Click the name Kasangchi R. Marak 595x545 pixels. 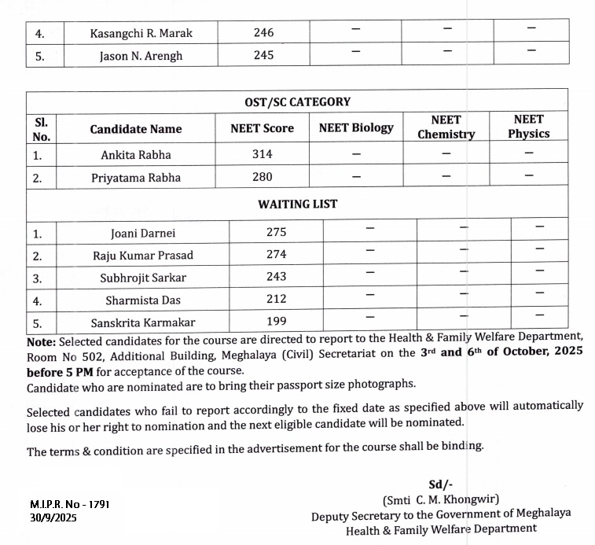pos(141,33)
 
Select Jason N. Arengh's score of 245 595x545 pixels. pos(264,55)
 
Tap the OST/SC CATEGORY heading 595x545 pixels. pos(297,102)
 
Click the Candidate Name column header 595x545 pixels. pos(135,129)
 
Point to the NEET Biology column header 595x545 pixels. pos(356,128)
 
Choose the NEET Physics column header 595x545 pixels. pos(528,127)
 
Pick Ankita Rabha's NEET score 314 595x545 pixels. pos(263,154)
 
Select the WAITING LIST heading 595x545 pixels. pos(297,204)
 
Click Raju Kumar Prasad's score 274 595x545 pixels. pos(276,255)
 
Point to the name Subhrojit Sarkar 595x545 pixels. pos(143,278)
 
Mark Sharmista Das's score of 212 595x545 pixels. pos(276,300)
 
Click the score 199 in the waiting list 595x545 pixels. pos(276,322)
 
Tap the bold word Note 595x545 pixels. pos(40,342)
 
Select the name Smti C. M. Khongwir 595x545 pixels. pos(441,500)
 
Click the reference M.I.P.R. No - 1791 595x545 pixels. pos(70,503)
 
